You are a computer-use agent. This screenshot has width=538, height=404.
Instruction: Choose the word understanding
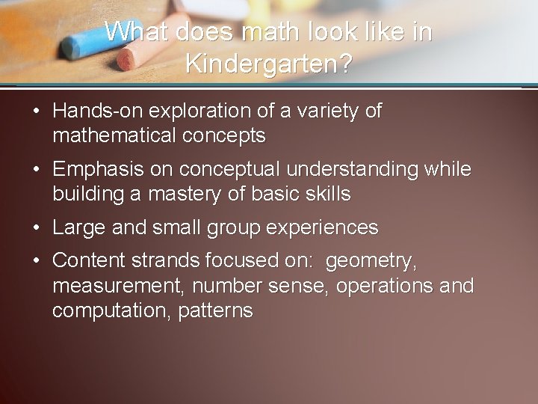pyautogui.click(x=359, y=170)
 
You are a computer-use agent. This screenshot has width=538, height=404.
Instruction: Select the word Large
pyautogui.click(x=78, y=227)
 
